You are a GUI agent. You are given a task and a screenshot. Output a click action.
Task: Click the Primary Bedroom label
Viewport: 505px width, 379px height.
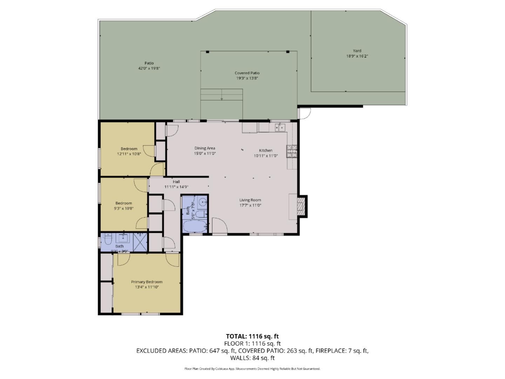[x=147, y=282]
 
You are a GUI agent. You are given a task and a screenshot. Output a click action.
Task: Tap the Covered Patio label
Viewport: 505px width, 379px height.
[x=247, y=73]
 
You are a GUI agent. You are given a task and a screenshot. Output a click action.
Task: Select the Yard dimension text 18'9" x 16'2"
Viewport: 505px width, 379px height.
[x=357, y=56]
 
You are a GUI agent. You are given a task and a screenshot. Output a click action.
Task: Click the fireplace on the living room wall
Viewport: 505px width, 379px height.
[x=301, y=207]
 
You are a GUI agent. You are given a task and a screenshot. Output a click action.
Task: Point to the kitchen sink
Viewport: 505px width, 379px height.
[x=280, y=127]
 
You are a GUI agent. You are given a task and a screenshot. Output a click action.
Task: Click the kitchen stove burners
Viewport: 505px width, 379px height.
[x=291, y=152]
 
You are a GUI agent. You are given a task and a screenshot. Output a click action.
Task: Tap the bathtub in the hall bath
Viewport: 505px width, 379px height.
[x=195, y=226]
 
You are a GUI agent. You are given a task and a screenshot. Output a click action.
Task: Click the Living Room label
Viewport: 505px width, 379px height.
[x=250, y=200]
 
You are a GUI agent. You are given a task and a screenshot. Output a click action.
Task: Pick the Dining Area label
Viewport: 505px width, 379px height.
[x=205, y=148]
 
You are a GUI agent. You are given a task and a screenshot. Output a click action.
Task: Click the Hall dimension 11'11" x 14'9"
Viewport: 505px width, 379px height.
[x=176, y=187]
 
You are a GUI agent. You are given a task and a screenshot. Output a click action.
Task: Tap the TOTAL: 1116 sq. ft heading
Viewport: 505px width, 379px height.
[x=252, y=336]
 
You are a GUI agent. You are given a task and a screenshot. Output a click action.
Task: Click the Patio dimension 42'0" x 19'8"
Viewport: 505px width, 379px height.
[x=149, y=68]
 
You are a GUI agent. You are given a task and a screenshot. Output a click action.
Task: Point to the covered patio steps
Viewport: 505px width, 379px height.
[x=222, y=94]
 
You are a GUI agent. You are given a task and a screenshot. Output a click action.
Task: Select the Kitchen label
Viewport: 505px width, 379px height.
[x=265, y=150]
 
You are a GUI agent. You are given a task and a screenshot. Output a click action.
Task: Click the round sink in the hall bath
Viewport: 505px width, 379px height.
[x=202, y=202]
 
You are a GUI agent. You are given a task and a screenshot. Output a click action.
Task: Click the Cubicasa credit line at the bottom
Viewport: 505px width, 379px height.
[x=252, y=369]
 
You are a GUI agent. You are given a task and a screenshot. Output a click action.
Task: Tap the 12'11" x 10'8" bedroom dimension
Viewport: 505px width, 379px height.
[x=129, y=154]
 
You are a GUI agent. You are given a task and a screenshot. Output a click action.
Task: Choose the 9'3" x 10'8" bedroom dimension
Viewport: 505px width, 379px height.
[x=123, y=208]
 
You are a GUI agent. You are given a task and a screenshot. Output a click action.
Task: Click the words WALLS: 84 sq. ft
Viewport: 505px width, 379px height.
[x=252, y=358]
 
